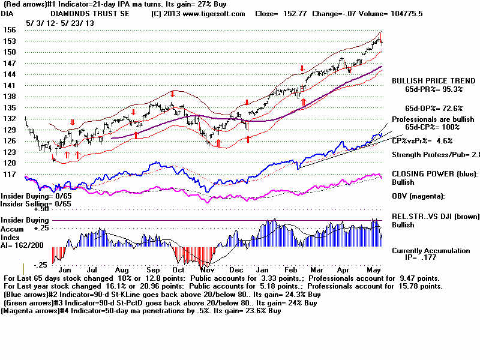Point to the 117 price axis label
click(10, 174)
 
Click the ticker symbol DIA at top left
click(8, 13)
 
